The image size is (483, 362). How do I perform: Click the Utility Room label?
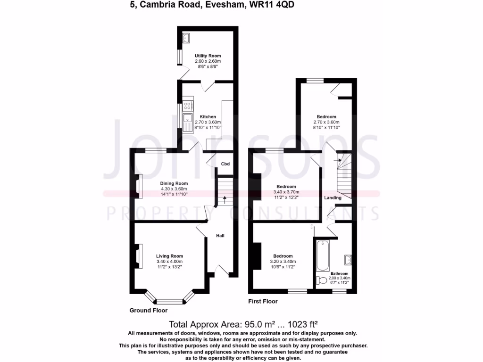pos(208,56)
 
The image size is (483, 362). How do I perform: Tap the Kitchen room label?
pos(208,117)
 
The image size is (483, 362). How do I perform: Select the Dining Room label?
pos(174,183)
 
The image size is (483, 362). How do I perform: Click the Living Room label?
pos(169,256)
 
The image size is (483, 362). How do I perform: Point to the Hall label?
pos(220,235)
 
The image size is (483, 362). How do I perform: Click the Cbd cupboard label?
pos(225,164)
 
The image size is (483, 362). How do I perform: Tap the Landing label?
pos(333,197)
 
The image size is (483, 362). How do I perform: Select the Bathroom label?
pos(339,273)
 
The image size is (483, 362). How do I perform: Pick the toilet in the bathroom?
pos(322,280)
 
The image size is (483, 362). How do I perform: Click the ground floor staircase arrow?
pos(224,198)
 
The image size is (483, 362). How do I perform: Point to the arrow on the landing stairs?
pos(338,160)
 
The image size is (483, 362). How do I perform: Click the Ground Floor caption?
pos(148,310)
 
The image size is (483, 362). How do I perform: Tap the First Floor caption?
pos(263,301)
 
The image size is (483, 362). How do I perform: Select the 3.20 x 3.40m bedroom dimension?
pos(284,262)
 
